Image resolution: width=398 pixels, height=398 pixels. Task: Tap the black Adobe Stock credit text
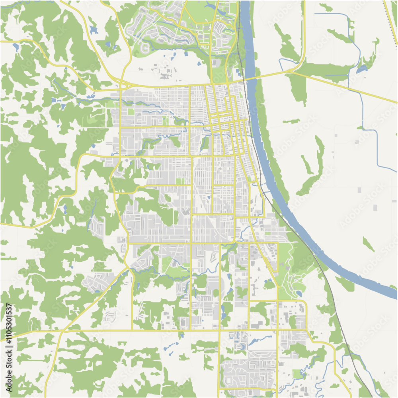[x=8, y=374]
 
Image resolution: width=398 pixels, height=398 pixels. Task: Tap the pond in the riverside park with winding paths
[x=298, y=294]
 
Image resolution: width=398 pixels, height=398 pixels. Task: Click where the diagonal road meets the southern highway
[x=64, y=330]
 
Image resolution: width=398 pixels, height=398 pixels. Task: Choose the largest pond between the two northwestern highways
[x=93, y=30]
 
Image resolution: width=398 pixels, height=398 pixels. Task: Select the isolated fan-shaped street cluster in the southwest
[x=109, y=316]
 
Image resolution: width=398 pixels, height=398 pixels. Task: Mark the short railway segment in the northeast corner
[x=391, y=20]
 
